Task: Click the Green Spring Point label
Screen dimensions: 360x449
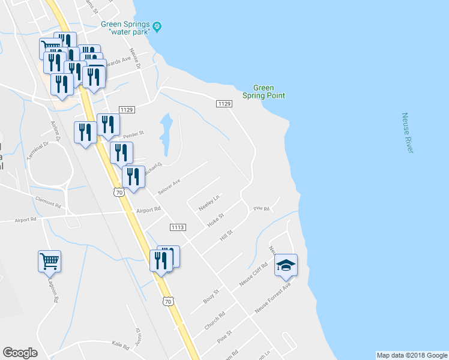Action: coord(264,91)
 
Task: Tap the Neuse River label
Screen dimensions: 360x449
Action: coord(407,133)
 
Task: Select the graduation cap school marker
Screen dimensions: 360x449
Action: coord(286,265)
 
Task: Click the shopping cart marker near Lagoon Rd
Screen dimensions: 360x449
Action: coord(49,261)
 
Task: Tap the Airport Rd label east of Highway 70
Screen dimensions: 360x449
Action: coord(149,210)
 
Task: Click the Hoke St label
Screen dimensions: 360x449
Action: coord(215,219)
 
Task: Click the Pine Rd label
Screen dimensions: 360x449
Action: coord(262,209)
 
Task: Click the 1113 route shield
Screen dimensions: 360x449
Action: coord(178,227)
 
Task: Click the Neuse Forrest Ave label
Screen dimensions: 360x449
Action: coord(273,298)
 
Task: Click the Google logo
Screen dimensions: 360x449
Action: coord(20,353)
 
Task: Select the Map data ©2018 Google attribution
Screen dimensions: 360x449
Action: coord(412,355)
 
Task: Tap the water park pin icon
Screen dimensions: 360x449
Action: coord(158,26)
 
